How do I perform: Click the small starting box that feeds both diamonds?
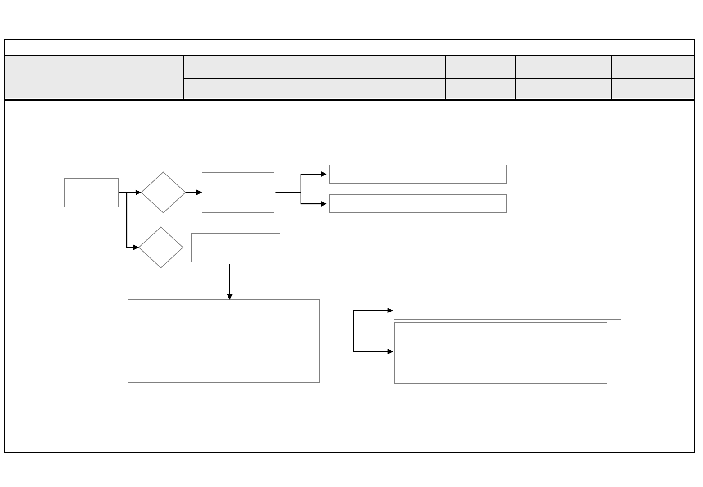(x=91, y=193)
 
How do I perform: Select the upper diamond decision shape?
(x=163, y=193)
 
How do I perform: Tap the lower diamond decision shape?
(x=161, y=248)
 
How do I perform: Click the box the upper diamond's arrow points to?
(x=238, y=193)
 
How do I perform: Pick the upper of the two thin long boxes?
(x=418, y=174)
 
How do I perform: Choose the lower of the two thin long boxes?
(x=418, y=204)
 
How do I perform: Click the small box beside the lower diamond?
(x=235, y=248)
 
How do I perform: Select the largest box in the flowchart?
(x=224, y=341)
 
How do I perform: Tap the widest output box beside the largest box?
(x=507, y=299)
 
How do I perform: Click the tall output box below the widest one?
(x=500, y=353)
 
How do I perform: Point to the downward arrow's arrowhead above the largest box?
(x=230, y=297)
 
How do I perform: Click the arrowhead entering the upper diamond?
(x=138, y=193)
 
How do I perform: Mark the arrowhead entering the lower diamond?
(x=136, y=248)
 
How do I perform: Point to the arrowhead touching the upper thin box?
(x=324, y=174)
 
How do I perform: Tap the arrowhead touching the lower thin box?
(x=324, y=204)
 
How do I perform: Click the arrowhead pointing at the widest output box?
(x=390, y=311)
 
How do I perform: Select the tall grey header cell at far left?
(x=59, y=78)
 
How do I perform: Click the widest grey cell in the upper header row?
(x=314, y=68)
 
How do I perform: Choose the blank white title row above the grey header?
(x=349, y=47)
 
